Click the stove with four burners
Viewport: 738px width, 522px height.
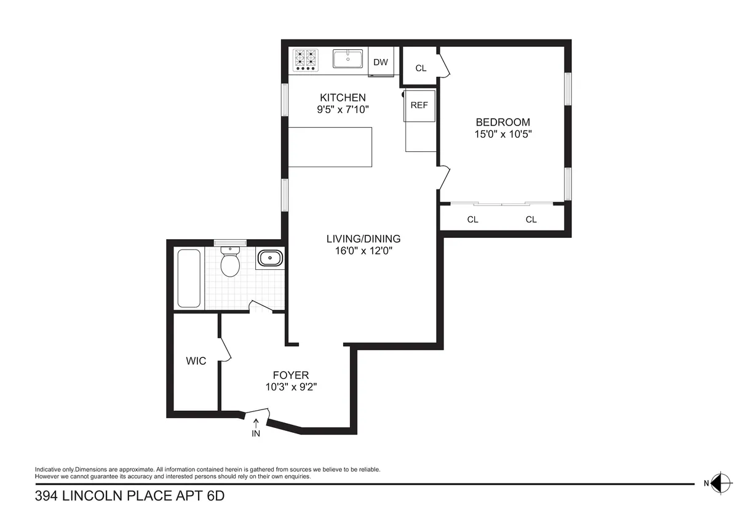(306, 60)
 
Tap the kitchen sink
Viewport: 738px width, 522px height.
(349, 59)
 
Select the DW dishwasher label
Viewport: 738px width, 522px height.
(381, 62)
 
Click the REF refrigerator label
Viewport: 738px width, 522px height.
(419, 105)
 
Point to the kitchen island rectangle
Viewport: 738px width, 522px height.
(330, 147)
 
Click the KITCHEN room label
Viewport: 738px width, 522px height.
(343, 97)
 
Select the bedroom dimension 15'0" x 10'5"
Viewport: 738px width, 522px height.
(502, 134)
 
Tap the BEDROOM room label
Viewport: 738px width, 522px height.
(502, 122)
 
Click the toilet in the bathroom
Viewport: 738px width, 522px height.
(230, 263)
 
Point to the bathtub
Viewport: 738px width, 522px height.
(189, 278)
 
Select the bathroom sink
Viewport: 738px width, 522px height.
(269, 259)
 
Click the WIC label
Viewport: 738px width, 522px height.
(196, 361)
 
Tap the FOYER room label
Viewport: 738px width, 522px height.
(291, 375)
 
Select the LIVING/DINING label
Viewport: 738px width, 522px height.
(363, 239)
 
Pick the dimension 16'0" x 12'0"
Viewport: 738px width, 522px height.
(363, 251)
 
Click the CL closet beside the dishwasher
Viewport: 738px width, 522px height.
(421, 68)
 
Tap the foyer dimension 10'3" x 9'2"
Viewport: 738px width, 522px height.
(291, 387)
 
